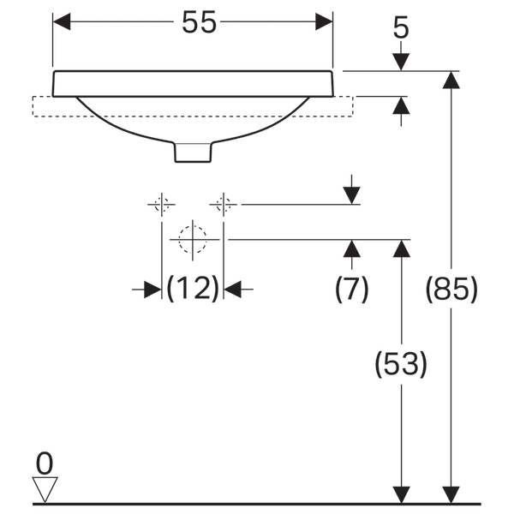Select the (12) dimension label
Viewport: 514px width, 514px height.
193,290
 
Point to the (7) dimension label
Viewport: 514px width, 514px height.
351,290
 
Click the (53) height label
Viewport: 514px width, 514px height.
401,365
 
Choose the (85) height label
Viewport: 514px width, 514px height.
451,291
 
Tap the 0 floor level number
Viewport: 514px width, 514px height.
45,464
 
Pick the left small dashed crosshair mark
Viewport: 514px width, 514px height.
161,204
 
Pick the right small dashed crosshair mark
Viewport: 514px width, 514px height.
224,204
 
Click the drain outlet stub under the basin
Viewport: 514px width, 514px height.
193,151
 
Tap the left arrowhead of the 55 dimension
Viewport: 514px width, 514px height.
62,23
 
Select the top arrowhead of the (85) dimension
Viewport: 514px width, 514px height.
451,80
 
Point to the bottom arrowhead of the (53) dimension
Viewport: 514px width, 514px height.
401,495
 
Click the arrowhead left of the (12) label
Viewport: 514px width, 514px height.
152,290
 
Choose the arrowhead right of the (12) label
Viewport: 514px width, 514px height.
233,290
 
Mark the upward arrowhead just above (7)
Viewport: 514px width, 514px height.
351,249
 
